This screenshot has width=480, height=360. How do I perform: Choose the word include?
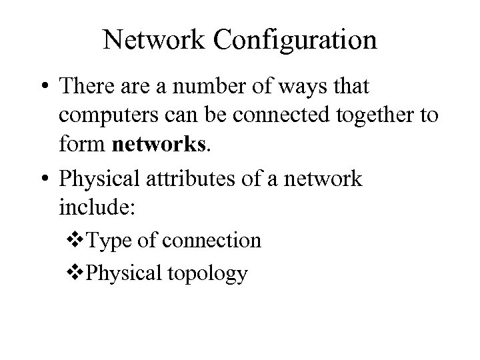pyautogui.click(x=97, y=207)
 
